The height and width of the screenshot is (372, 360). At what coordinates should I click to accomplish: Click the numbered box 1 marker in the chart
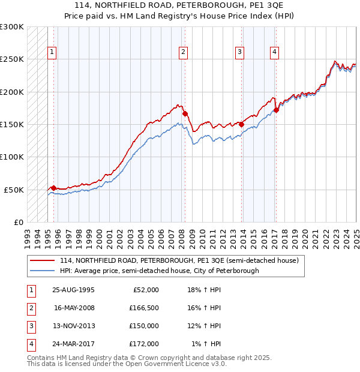click(52, 52)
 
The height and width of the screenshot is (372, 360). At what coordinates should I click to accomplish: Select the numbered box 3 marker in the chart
click(239, 52)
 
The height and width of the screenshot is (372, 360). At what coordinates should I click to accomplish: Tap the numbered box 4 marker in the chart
click(274, 52)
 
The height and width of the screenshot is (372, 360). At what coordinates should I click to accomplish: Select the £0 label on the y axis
click(18, 222)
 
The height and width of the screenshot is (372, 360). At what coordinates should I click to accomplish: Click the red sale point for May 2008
click(185, 113)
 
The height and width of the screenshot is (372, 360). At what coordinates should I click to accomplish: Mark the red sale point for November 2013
click(242, 124)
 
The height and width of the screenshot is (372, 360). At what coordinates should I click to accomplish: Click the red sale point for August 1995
click(54, 188)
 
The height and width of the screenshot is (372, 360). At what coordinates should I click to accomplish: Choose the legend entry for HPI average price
click(159, 271)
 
